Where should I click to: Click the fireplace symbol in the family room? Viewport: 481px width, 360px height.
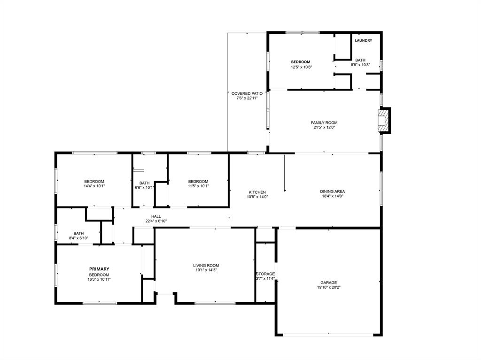(384, 121)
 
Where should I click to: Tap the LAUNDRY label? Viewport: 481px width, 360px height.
(363, 41)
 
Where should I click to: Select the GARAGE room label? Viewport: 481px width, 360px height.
(328, 283)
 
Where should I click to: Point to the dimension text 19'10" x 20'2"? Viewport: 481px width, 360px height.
(328, 287)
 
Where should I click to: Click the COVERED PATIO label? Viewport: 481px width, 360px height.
(247, 93)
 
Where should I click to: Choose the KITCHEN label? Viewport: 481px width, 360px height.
(257, 192)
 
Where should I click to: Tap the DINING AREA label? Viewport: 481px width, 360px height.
(332, 191)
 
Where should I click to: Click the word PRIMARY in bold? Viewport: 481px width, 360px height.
(99, 269)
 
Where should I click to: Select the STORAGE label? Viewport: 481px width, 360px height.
(265, 274)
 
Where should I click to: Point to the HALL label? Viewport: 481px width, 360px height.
(156, 216)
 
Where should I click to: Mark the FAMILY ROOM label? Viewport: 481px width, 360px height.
(324, 123)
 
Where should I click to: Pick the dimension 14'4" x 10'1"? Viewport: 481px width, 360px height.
(94, 186)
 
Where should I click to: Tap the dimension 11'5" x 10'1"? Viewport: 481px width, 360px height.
(198, 186)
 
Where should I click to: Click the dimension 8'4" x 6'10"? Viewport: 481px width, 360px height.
(78, 238)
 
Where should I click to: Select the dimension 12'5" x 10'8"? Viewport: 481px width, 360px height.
(300, 67)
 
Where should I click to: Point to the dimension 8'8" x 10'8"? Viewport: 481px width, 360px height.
(360, 65)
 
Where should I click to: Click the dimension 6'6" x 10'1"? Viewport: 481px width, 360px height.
(144, 188)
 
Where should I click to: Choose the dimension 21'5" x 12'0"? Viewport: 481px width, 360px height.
(324, 128)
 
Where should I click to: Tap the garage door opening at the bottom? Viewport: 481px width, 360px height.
(328, 335)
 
